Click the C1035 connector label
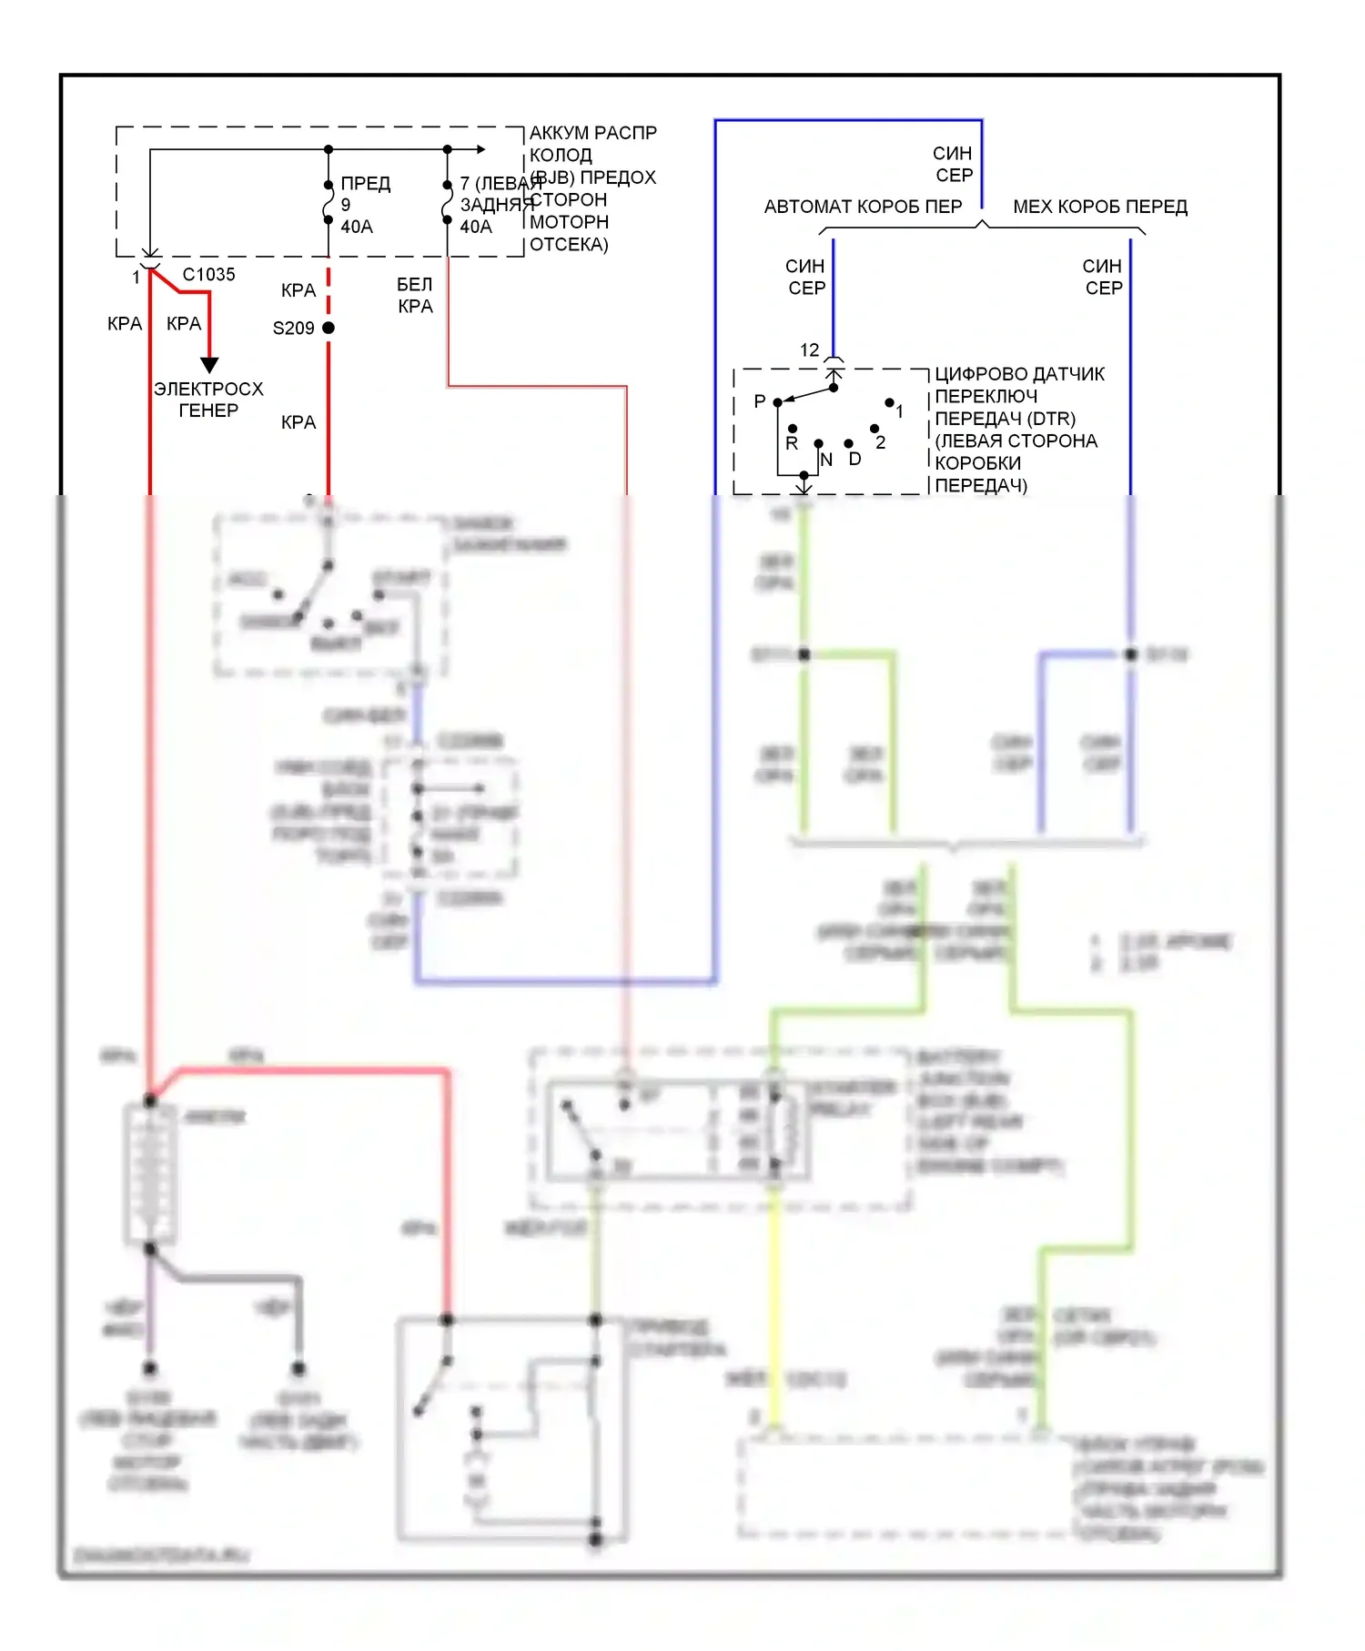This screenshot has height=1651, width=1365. point(208,275)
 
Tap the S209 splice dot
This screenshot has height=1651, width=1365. point(329,328)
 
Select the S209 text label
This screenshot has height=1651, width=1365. point(293,329)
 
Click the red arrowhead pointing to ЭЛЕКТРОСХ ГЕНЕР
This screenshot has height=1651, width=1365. point(209,365)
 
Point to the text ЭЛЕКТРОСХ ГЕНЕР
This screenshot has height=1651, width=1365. point(208,400)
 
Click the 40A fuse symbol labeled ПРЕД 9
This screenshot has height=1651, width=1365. point(329,202)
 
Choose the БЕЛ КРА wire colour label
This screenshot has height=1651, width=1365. point(415,296)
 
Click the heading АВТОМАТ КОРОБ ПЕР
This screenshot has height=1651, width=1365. point(863,208)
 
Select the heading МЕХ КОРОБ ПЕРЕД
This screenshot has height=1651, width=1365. point(1100,208)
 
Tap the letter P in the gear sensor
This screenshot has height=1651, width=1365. point(760,401)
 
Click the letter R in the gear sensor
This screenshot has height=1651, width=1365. point(792,443)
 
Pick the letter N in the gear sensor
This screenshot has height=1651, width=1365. point(826,460)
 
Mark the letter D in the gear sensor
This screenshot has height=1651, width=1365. point(854,459)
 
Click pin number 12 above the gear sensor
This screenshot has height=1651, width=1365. point(809,350)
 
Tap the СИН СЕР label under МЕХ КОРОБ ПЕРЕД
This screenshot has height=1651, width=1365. point(1103,277)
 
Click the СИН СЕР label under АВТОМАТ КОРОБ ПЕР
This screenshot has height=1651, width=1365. point(806,277)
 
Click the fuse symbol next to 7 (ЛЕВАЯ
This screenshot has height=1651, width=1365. point(447,202)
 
